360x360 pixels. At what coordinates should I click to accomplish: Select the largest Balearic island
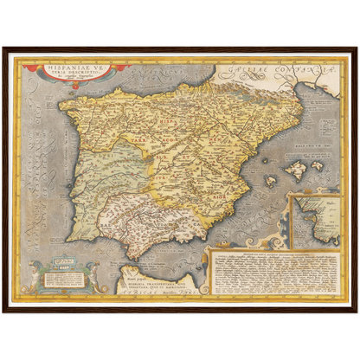[295, 170]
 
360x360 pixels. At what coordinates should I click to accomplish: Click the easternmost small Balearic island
[317, 165]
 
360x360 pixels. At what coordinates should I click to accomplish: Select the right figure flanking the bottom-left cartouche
[91, 278]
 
